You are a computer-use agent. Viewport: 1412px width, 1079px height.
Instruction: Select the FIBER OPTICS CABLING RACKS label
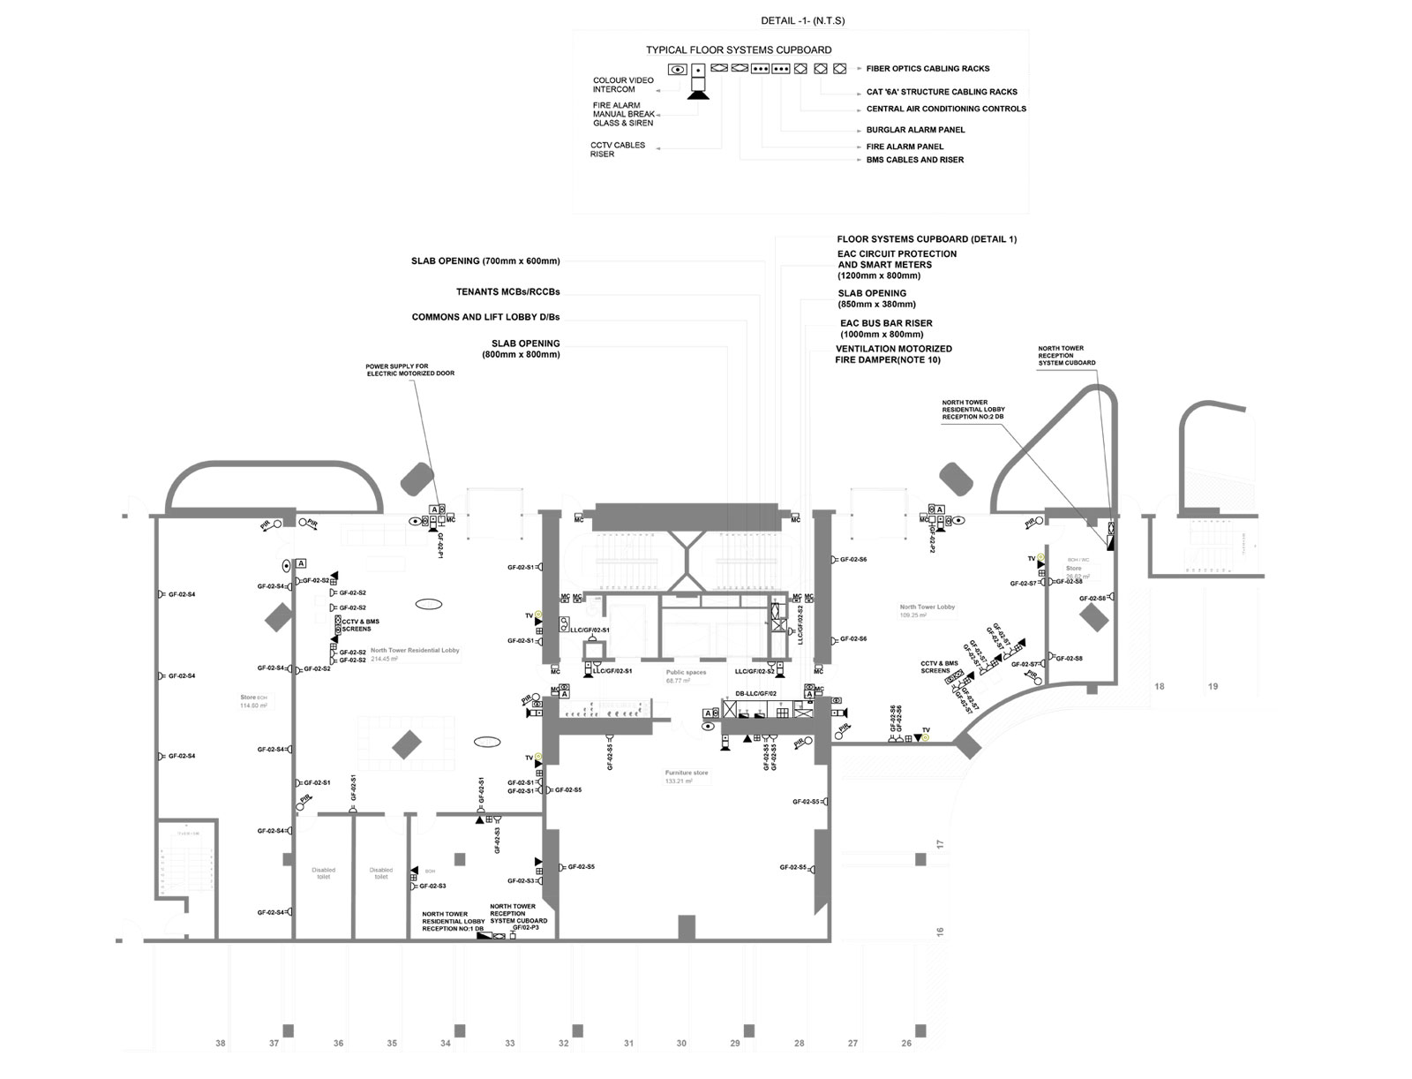pyautogui.click(x=928, y=69)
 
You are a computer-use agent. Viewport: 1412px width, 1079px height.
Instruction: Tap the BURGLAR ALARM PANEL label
pyautogui.click(x=915, y=130)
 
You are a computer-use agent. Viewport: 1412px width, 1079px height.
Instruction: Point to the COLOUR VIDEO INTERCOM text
pyautogui.click(x=623, y=85)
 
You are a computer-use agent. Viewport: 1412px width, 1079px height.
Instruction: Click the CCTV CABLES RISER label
pyautogui.click(x=618, y=149)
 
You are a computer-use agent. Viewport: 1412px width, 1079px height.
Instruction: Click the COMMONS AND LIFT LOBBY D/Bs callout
pyautogui.click(x=485, y=317)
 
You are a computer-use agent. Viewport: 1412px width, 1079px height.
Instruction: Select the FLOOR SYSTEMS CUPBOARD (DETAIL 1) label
pyautogui.click(x=927, y=239)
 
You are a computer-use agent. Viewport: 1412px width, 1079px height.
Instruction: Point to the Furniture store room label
pyautogui.click(x=687, y=773)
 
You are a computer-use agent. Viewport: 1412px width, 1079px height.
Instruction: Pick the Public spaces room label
pyautogui.click(x=686, y=673)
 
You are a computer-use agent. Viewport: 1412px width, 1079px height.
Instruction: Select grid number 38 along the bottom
pyautogui.click(x=221, y=1044)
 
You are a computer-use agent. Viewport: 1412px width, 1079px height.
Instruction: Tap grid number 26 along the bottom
pyautogui.click(x=906, y=1044)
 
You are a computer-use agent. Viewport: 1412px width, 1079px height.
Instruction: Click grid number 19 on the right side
pyautogui.click(x=1213, y=686)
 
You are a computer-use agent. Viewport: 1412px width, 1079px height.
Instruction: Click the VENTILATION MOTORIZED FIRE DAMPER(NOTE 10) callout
pyautogui.click(x=893, y=355)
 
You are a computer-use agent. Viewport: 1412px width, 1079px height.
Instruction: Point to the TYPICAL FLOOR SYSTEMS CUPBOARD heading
pyautogui.click(x=738, y=50)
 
